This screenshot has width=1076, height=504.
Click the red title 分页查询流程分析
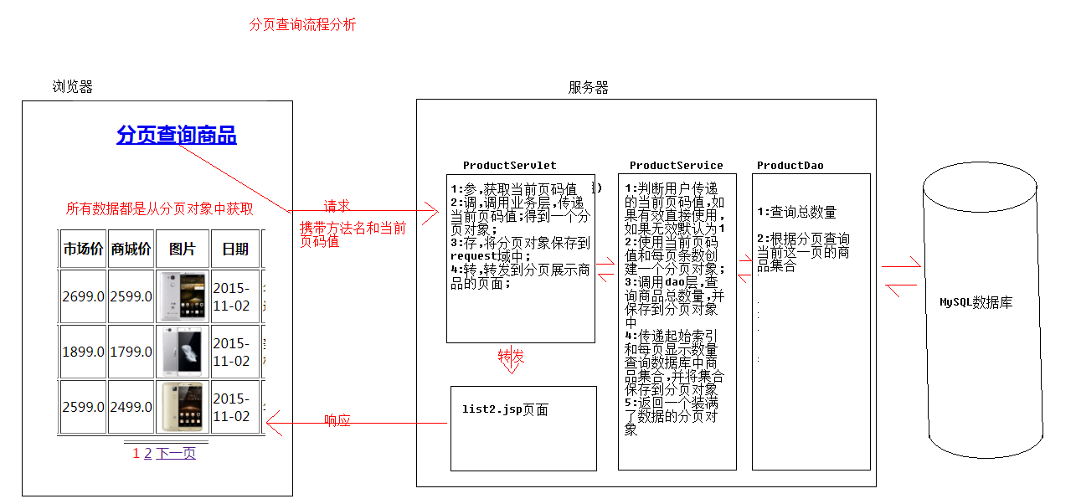click(302, 25)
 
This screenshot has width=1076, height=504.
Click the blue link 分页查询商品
click(177, 135)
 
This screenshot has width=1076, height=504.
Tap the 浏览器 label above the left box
click(73, 87)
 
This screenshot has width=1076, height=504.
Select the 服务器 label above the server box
click(589, 88)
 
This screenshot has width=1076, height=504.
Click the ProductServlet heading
click(509, 166)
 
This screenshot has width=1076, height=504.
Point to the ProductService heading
click(676, 166)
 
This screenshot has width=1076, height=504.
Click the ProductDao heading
click(790, 166)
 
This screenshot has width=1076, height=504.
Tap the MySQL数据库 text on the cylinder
click(976, 302)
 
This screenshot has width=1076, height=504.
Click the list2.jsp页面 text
click(505, 410)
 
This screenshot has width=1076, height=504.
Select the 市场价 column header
click(83, 249)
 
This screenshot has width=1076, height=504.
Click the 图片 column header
click(182, 249)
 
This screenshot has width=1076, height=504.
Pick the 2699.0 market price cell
click(83, 296)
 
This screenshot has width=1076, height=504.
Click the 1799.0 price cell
click(131, 352)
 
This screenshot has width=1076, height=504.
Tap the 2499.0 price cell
click(131, 407)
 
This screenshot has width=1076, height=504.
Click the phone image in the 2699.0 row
click(183, 296)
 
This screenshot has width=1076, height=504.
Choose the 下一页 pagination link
click(176, 454)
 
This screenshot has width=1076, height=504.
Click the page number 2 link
click(148, 454)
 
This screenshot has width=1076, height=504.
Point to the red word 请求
click(337, 206)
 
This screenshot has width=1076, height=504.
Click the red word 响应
click(337, 420)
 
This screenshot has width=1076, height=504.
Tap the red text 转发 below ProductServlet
click(511, 356)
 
